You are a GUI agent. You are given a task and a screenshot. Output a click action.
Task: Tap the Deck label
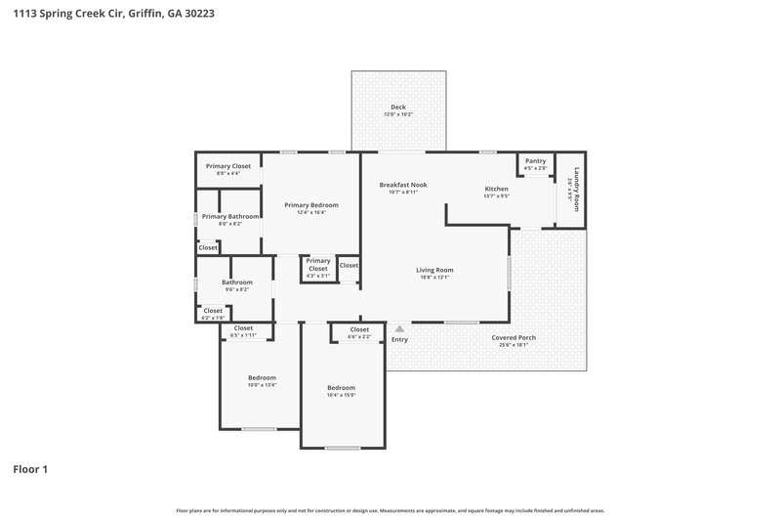(x=398, y=107)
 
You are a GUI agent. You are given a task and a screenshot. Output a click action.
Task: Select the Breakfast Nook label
(x=402, y=185)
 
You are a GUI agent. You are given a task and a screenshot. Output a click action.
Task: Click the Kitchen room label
(x=497, y=188)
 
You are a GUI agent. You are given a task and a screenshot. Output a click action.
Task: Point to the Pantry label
(x=535, y=160)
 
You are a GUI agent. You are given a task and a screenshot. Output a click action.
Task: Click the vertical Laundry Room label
(x=577, y=190)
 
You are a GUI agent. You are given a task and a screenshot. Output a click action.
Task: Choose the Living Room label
(x=434, y=270)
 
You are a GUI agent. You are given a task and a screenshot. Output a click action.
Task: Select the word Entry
(x=399, y=339)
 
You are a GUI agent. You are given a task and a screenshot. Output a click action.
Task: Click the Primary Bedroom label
(x=311, y=204)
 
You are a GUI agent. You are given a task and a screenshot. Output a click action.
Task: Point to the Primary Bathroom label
(x=230, y=216)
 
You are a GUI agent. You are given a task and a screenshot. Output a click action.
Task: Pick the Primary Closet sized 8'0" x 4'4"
(x=228, y=166)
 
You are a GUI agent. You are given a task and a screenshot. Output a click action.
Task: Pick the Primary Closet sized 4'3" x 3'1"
(x=318, y=261)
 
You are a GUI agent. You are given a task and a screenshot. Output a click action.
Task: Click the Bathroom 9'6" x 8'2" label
(x=237, y=282)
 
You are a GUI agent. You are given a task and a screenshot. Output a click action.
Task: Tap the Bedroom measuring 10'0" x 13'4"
(x=262, y=377)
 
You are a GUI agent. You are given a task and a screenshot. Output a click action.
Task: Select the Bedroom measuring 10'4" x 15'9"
(x=341, y=387)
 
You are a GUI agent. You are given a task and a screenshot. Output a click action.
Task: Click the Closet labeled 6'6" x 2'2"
(x=359, y=329)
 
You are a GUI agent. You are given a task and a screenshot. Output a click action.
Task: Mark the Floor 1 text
(x=30, y=469)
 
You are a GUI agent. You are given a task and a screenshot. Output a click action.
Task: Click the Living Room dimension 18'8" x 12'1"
(x=434, y=278)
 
